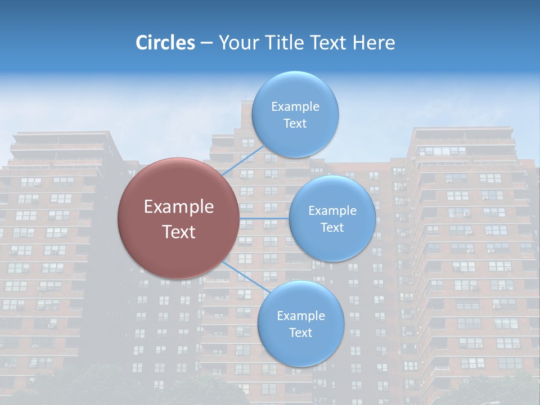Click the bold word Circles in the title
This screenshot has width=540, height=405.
(165, 43)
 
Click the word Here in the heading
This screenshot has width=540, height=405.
(374, 43)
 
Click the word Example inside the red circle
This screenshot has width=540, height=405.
(179, 207)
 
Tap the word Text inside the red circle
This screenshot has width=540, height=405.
(179, 232)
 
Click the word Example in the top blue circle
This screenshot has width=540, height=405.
(295, 106)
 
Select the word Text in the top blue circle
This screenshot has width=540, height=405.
(295, 124)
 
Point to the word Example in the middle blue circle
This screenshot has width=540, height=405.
(332, 210)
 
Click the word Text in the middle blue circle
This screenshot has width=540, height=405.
(332, 227)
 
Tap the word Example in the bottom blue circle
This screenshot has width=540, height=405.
(300, 316)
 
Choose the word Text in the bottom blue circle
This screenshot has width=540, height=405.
(300, 333)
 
